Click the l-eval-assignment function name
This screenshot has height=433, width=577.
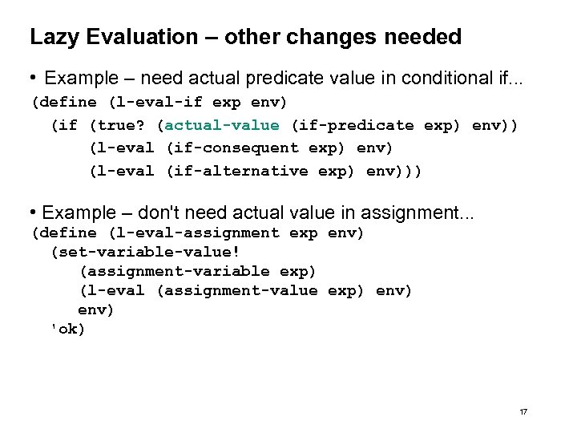[x=193, y=233]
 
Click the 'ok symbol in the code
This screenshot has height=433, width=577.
[x=67, y=329]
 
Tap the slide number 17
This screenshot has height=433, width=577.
[x=523, y=411]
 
